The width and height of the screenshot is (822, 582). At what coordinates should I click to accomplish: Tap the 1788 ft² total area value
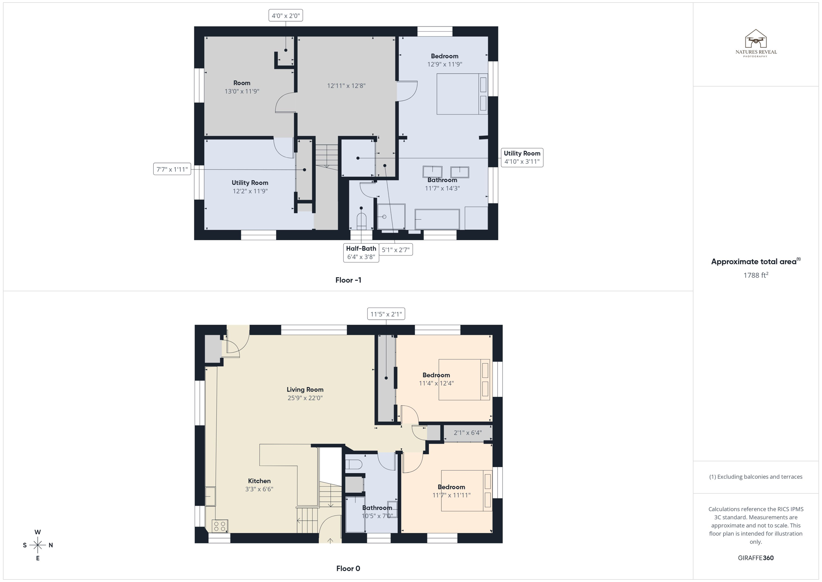756,275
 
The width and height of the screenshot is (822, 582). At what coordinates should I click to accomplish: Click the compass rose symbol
38,545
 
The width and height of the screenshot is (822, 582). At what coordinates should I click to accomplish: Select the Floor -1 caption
348,280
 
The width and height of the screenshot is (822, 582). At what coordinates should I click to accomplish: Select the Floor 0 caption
348,568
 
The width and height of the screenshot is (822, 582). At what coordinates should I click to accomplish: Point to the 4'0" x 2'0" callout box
285,16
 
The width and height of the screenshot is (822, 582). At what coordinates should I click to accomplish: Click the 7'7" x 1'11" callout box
172,169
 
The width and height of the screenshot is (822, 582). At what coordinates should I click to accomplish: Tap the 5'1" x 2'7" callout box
395,250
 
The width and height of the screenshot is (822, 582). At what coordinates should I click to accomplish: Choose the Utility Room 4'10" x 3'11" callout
522,157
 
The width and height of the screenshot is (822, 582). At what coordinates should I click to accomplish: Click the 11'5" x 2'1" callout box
386,314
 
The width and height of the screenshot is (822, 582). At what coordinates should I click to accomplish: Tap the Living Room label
305,389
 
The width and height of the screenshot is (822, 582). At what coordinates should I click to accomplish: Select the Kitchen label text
259,481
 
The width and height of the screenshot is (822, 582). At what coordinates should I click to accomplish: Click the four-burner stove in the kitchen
220,526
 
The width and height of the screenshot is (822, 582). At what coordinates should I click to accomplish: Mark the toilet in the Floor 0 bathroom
354,465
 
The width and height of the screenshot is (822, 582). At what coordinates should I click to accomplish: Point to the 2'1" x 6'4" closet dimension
468,433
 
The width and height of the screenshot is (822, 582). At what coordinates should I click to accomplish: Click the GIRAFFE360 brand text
755,558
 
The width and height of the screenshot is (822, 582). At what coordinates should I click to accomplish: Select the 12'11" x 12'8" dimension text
346,86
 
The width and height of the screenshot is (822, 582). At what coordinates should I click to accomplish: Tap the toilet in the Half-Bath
361,221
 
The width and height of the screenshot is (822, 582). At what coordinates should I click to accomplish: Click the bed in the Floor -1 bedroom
462,94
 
